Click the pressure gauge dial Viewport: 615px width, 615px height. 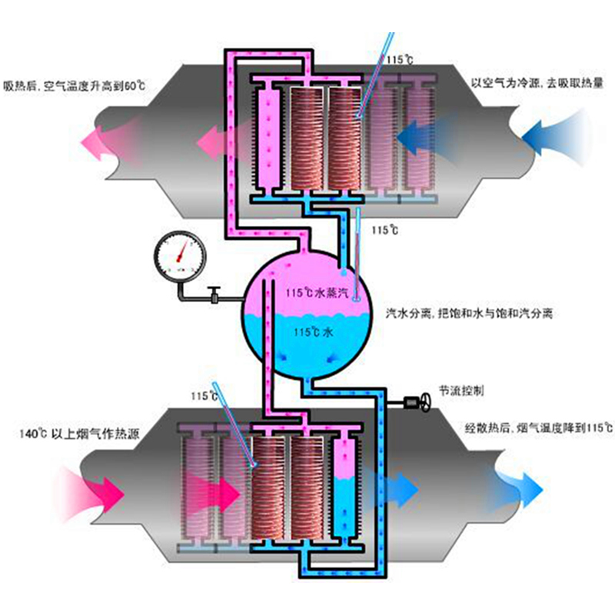point(178,254)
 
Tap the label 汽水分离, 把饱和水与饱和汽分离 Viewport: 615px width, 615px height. point(469,314)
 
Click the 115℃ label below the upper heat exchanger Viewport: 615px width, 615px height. point(384,230)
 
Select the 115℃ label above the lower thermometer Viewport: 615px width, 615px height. point(204,396)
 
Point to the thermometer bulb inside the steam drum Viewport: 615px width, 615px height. point(355,300)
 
